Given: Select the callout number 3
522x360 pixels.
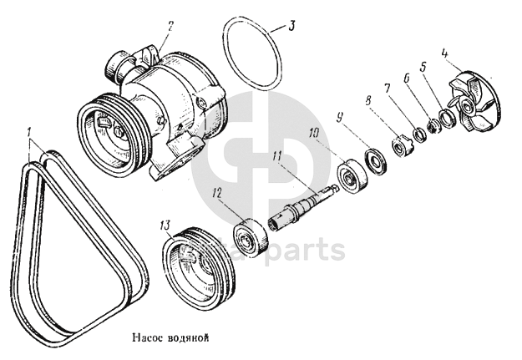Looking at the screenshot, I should pos(291,25).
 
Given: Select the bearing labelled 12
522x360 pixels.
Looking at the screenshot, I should pos(249,233).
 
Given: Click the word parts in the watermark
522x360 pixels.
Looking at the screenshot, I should pos(307,250).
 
